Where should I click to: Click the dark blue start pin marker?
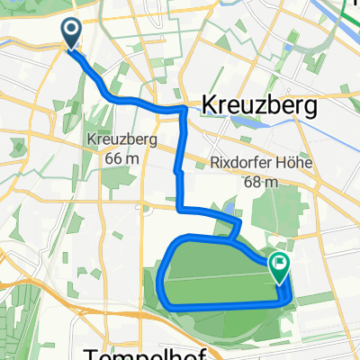tap(71, 35)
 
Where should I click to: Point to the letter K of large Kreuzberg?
tap(211, 106)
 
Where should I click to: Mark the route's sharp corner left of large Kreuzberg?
tap(184, 110)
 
